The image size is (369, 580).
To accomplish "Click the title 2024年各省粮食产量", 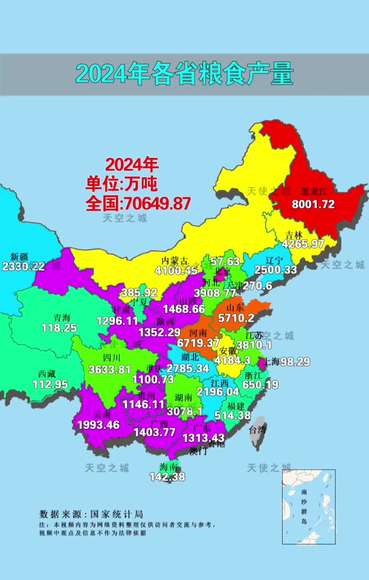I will point(184,74).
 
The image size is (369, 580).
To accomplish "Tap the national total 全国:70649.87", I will point(138,204).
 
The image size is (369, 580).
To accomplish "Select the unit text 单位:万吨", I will point(122,184).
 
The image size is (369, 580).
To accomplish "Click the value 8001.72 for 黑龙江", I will point(313,205).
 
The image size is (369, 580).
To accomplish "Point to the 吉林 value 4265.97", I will point(303,244).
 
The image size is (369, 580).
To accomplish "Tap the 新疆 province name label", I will point(19,257).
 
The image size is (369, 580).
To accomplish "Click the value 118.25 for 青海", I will point(59,328).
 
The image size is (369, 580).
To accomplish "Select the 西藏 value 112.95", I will point(50,384).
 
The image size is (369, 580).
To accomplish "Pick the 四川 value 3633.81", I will point(110,370).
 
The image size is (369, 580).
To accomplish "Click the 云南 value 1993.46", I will point(98,425).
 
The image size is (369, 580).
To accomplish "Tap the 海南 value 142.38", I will point(167,477).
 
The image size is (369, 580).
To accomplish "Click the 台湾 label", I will point(257,430).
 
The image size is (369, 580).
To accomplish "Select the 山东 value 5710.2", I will point(236,318).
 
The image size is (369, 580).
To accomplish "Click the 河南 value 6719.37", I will point(198,343).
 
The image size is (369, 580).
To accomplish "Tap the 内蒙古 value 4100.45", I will point(176,271).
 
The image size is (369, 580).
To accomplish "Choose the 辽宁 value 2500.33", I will point(275,270).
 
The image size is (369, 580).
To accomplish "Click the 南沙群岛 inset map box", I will point(309,507).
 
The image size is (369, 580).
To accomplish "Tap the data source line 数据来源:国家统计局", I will point(91,514).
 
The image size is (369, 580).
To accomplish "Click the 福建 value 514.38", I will point(232,416).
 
